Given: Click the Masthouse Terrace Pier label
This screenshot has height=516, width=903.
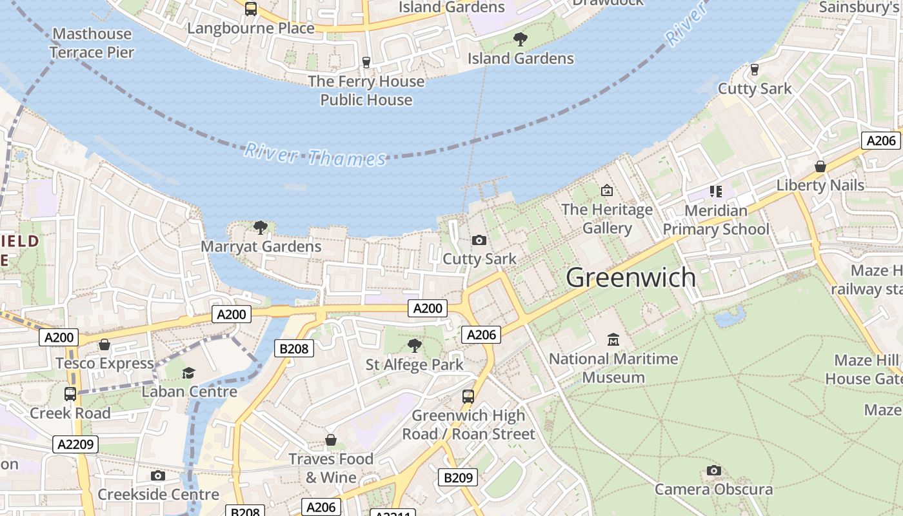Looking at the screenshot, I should pyautogui.click(x=92, y=43).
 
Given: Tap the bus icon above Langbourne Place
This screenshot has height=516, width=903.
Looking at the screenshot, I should pyautogui.click(x=251, y=9).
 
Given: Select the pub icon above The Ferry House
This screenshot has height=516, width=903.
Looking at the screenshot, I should pyautogui.click(x=366, y=62).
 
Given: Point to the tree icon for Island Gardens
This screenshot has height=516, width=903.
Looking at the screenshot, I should pyautogui.click(x=520, y=39).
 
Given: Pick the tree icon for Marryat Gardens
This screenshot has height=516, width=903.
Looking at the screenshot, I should pyautogui.click(x=261, y=227).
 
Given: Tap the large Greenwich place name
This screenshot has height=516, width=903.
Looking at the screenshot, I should pyautogui.click(x=631, y=277).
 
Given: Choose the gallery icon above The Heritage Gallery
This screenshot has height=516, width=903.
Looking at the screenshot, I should pyautogui.click(x=606, y=190).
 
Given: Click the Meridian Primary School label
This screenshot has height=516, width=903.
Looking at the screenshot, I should pyautogui.click(x=716, y=220).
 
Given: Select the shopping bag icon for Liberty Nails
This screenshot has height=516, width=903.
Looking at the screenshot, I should pyautogui.click(x=820, y=166).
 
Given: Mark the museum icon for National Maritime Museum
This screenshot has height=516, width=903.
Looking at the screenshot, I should pyautogui.click(x=613, y=339).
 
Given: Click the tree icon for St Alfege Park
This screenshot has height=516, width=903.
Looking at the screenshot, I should pyautogui.click(x=415, y=346).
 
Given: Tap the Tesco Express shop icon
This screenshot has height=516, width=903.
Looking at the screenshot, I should pyautogui.click(x=104, y=345).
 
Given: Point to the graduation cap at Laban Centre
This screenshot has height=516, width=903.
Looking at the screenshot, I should pyautogui.click(x=188, y=373).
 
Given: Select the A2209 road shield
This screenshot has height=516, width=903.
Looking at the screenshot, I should pyautogui.click(x=76, y=444).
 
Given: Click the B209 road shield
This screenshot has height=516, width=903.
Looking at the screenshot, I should pyautogui.click(x=458, y=477).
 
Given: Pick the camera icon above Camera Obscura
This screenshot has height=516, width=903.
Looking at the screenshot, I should pyautogui.click(x=713, y=470).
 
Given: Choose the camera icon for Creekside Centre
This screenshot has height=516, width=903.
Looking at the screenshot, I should pyautogui.click(x=158, y=476).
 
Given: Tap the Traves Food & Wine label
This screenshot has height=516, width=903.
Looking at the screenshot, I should pyautogui.click(x=331, y=468).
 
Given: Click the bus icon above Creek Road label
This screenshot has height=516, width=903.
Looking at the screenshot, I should pyautogui.click(x=70, y=393).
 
